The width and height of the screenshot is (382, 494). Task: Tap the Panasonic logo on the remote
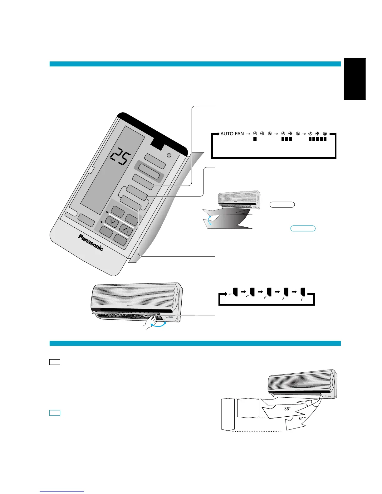91,242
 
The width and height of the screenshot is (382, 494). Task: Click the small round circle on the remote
169,155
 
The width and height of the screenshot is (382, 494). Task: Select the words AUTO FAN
232,134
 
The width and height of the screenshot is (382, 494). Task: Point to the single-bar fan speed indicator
255,139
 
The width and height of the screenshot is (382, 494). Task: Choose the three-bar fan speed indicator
286,139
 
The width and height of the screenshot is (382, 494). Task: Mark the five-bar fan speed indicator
317,139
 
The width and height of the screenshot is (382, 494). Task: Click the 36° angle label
288,409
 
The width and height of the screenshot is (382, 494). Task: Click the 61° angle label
302,418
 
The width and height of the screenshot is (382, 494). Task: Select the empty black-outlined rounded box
282,205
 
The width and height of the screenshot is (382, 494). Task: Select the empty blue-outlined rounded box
303,229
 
